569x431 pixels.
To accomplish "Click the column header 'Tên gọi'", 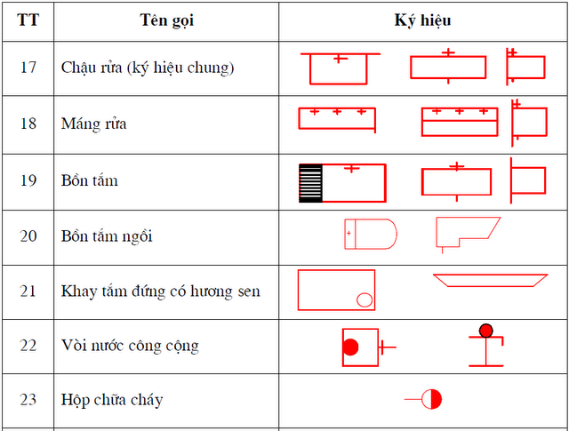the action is point(166,20).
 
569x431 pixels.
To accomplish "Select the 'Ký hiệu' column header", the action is point(423,20).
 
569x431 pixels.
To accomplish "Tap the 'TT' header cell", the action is point(28,20).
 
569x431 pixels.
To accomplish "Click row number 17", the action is point(28,68).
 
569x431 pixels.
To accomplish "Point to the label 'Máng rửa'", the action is point(93,124).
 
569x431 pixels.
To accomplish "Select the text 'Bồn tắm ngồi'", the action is point(107,236).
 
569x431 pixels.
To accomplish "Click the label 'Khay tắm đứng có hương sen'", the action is point(160,291).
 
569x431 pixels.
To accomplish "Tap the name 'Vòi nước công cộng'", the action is point(130,346).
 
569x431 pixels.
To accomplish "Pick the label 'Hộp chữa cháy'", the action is point(112,400).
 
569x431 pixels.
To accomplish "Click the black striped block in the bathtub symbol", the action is point(310,183).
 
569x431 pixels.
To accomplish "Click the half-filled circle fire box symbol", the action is point(431,399).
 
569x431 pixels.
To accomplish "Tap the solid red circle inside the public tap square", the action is point(350,347).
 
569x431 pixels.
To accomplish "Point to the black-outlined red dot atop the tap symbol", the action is point(486,331).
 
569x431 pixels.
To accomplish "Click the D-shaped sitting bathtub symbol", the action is point(397,234).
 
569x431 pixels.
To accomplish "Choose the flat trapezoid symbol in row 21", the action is point(490,275).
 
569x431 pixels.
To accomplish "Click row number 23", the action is point(28,399).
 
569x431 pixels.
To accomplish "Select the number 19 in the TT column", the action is point(28,180).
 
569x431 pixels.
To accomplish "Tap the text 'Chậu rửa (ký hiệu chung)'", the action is point(148,68).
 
